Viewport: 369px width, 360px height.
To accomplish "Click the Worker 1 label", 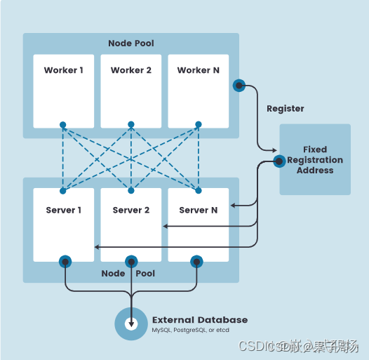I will [63, 70].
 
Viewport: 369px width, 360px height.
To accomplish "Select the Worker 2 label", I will [130, 70].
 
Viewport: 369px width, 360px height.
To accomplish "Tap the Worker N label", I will [198, 70].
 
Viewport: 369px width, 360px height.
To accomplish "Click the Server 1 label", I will [63, 210].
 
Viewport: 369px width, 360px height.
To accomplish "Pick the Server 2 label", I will [130, 210].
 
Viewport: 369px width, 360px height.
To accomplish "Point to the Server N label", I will [198, 210].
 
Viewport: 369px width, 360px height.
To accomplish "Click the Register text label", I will [286, 109].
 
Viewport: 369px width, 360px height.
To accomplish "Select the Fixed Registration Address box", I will [315, 159].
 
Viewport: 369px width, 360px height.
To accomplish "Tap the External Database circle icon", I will [131, 324].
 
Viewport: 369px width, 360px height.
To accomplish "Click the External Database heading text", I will [200, 320].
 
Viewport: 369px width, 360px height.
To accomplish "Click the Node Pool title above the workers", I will [130, 44].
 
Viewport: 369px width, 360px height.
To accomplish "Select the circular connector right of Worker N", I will [239, 86].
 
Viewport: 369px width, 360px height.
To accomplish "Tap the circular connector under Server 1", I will [65, 262].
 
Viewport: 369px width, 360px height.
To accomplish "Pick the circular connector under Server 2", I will [131, 262].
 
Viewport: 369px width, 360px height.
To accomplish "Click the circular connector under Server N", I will [197, 262].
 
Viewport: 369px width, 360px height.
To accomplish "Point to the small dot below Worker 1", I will [63, 125].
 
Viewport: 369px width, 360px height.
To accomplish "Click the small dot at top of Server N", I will [199, 190].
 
